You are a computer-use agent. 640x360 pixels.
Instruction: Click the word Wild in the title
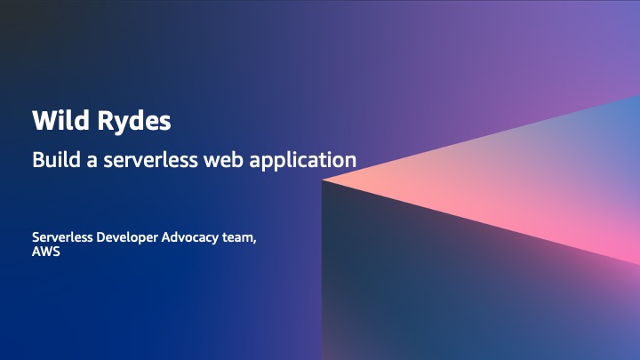tap(52, 119)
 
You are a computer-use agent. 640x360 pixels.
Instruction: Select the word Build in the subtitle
tap(54, 160)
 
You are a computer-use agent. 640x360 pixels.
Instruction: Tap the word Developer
tap(130, 238)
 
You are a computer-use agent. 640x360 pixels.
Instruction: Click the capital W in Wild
tap(41, 119)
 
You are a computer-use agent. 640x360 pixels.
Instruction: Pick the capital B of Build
tap(37, 160)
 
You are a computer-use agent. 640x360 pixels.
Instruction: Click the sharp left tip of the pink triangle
tap(324, 180)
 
